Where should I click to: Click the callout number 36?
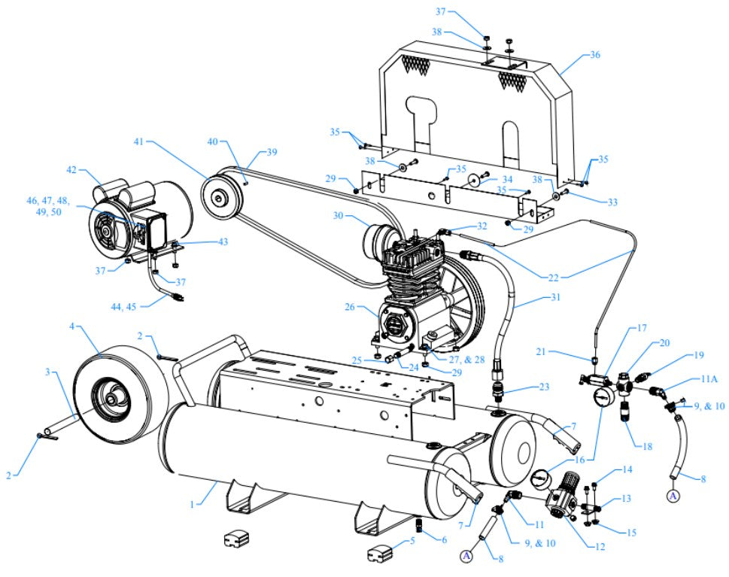[x=595, y=55]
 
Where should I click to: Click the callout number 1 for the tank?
[x=193, y=504]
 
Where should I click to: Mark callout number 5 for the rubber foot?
[x=412, y=541]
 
